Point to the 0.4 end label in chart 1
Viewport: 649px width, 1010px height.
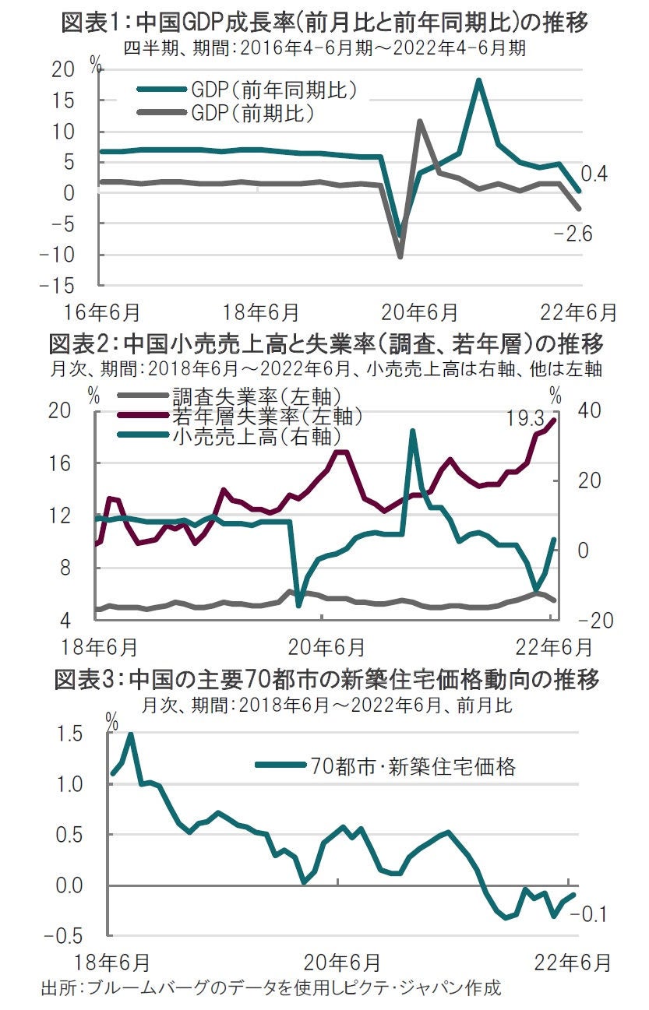[x=594, y=174]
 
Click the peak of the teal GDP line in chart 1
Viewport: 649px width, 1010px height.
[x=479, y=80]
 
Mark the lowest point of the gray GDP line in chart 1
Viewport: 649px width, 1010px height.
[x=400, y=256]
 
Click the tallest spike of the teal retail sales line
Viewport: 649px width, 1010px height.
[x=413, y=431]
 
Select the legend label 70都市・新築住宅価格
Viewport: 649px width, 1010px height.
[x=413, y=766]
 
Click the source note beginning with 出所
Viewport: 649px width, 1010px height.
[x=269, y=988]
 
